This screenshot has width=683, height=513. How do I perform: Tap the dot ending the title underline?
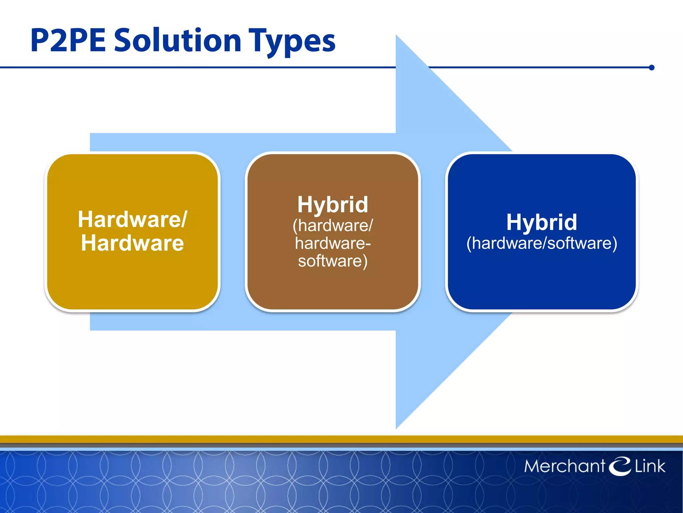[652, 68]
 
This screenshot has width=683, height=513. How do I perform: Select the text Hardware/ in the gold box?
[133, 219]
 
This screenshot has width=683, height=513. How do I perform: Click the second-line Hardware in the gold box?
[132, 243]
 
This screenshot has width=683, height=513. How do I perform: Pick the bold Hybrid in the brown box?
[332, 204]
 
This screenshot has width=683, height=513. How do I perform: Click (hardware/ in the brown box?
[332, 226]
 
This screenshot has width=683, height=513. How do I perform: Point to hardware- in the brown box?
[332, 243]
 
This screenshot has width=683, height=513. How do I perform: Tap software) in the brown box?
[332, 261]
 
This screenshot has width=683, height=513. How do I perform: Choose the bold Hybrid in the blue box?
[542, 222]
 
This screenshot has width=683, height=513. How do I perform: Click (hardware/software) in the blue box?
[542, 243]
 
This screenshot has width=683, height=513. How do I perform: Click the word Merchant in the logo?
[564, 466]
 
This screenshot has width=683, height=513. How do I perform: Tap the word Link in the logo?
[650, 466]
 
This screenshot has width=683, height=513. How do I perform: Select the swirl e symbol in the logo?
[620, 466]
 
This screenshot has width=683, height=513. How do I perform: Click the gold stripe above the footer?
[341, 439]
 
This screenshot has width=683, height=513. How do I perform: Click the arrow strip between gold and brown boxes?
[232, 232]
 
